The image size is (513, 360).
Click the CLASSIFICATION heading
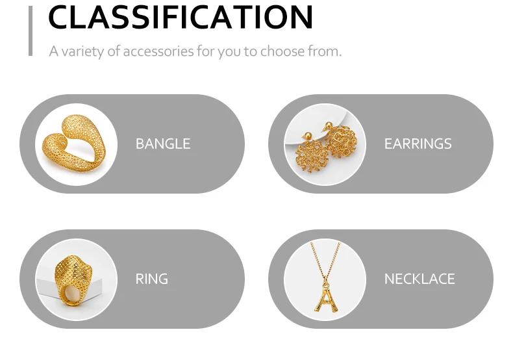click(x=181, y=17)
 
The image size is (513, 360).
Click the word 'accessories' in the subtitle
click(x=158, y=51)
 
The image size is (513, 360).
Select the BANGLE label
click(x=163, y=144)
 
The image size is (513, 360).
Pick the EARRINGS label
click(x=418, y=144)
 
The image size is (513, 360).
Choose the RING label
click(x=151, y=279)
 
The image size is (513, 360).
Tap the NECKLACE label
click(x=419, y=279)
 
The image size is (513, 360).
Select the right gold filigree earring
click(x=340, y=141)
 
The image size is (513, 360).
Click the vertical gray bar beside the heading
click(x=31, y=31)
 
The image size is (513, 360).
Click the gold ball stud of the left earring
click(x=308, y=136)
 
